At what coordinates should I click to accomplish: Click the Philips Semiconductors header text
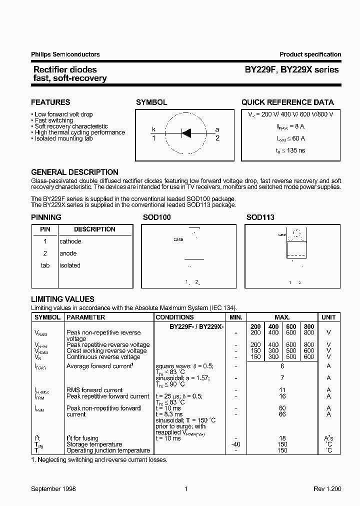[x=65, y=54]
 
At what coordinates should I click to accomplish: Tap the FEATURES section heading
[x=50, y=102]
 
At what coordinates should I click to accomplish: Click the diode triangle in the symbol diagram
[x=186, y=132]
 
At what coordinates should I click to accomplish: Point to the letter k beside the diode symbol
[x=154, y=129]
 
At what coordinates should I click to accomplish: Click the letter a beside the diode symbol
[x=217, y=129]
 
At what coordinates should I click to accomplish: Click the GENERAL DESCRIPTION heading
[x=74, y=172]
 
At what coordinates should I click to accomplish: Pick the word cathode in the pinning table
[x=70, y=241]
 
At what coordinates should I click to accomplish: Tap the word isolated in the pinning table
[x=70, y=265]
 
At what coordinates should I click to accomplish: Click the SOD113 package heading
[x=260, y=217]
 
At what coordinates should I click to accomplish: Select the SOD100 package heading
[x=157, y=217]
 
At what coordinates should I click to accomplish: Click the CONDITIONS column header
[x=174, y=317]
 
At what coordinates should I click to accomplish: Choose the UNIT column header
[x=328, y=317]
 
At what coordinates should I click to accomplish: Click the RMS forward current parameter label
[x=94, y=390]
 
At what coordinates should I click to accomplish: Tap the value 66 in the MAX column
[x=282, y=414]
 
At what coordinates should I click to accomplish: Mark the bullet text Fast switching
[x=54, y=120]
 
